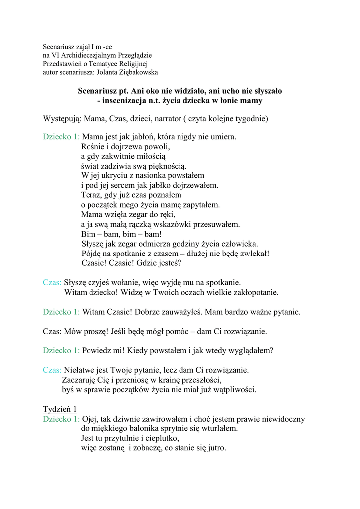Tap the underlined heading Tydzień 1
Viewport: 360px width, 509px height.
[x=60, y=410]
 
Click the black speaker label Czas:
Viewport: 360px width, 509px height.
[x=52, y=331]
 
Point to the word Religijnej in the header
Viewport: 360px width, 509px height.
[x=133, y=64]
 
